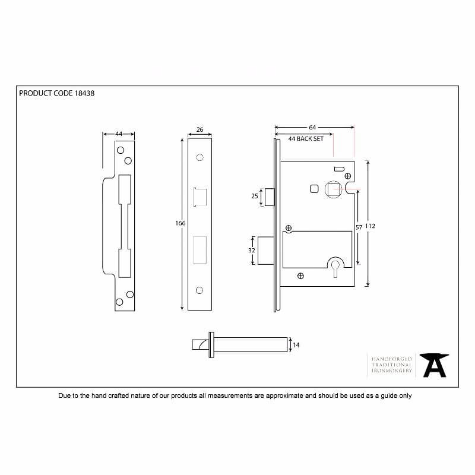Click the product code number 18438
pyautogui.click(x=84, y=93)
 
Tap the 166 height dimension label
pyautogui.click(x=180, y=223)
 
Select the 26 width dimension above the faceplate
pyautogui.click(x=199, y=129)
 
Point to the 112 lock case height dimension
pyautogui.click(x=370, y=226)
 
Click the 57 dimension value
pyautogui.click(x=359, y=227)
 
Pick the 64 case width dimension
pyautogui.click(x=312, y=128)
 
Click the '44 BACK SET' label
pyautogui.click(x=306, y=139)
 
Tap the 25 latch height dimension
pyautogui.click(x=255, y=196)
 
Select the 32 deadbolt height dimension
pyautogui.click(x=251, y=250)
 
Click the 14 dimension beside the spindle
pyautogui.click(x=296, y=345)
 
